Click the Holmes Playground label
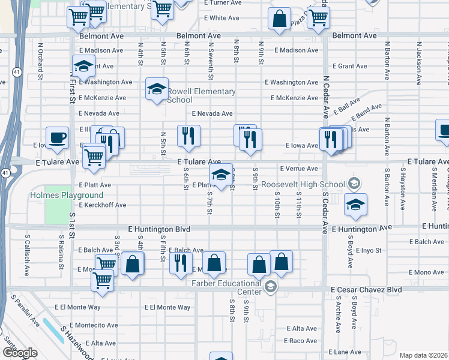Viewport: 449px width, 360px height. (x=67, y=195)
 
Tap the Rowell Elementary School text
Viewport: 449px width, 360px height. (x=201, y=95)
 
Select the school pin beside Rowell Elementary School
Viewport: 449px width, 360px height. (x=157, y=90)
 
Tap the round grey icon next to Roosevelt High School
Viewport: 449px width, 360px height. (x=354, y=184)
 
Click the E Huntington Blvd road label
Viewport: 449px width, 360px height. (x=159, y=229)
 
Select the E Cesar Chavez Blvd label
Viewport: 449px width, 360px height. (x=366, y=289)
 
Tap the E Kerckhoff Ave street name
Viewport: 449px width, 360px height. (x=103, y=205)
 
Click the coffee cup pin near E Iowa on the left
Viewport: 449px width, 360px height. (x=58, y=137)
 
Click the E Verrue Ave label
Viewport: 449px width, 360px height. (x=298, y=169)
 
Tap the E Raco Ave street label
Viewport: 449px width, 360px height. (x=302, y=340)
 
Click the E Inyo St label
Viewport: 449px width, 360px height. (x=369, y=250)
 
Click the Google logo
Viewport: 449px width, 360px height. (x=20, y=353)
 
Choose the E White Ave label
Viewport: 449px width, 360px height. (x=222, y=18)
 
